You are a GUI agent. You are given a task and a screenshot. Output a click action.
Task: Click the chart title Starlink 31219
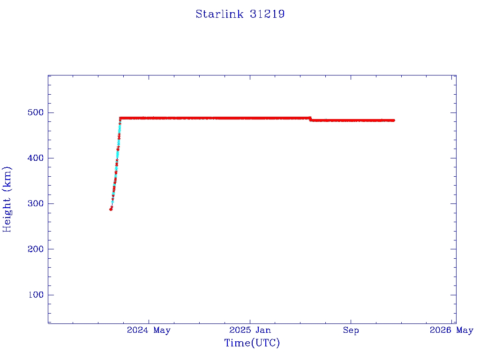pyautogui.click(x=240, y=14)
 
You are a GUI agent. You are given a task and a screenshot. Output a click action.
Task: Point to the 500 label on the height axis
pyautogui.click(x=36, y=112)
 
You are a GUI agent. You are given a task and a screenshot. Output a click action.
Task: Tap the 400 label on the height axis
pyautogui.click(x=36, y=158)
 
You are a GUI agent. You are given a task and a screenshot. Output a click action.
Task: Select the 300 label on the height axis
pyautogui.click(x=36, y=203)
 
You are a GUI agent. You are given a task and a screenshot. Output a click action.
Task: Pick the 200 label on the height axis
pyautogui.click(x=36, y=249)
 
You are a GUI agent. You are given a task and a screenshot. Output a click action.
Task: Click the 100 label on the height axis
pyautogui.click(x=36, y=295)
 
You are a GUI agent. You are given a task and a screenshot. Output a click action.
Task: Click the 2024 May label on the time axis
pyautogui.click(x=149, y=330)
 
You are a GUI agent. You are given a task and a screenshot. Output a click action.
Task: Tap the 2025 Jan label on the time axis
pyautogui.click(x=250, y=330)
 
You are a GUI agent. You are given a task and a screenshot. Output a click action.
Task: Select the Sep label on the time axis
pyautogui.click(x=351, y=330)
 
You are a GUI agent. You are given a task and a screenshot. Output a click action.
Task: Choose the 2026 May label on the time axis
pyautogui.click(x=451, y=330)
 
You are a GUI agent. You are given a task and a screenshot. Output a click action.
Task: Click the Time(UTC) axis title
pyautogui.click(x=252, y=343)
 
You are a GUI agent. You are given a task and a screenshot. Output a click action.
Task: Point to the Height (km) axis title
pyautogui.click(x=7, y=199)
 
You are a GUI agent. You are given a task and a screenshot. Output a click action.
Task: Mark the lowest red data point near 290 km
pyautogui.click(x=111, y=209)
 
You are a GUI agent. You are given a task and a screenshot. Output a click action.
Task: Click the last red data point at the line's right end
pyautogui.click(x=393, y=120)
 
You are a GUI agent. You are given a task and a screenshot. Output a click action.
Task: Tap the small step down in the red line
pyautogui.click(x=310, y=119)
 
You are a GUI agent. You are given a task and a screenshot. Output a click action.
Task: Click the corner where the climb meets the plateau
pyautogui.click(x=120, y=118)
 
